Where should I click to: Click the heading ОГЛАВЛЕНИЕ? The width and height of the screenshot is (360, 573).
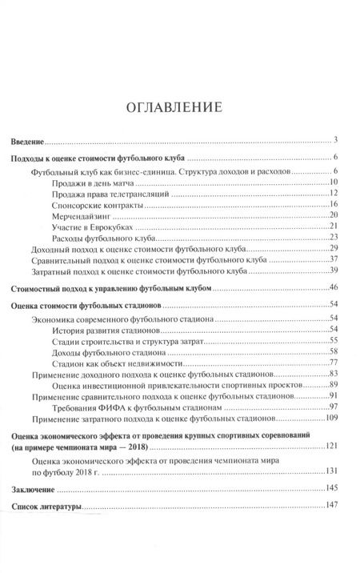[x=179, y=106]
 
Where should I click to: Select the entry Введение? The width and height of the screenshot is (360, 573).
[x=32, y=140]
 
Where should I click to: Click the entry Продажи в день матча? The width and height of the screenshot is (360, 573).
[x=94, y=182]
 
